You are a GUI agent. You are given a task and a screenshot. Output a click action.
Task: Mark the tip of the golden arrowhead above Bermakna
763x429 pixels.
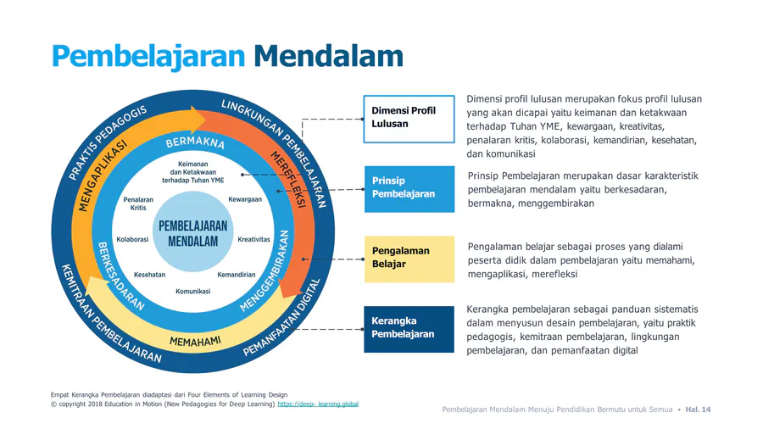click(208, 120)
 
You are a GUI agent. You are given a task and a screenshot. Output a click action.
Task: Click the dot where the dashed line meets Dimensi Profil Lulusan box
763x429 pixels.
click(363, 119)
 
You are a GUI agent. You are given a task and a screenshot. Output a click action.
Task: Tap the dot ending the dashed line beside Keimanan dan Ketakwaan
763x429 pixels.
click(242, 174)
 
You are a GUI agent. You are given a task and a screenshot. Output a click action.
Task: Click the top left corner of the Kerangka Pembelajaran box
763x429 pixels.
click(364, 306)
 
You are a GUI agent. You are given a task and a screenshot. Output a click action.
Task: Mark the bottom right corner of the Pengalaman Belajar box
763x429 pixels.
click(454, 282)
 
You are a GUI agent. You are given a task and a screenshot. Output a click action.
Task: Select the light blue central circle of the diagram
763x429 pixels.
click(193, 231)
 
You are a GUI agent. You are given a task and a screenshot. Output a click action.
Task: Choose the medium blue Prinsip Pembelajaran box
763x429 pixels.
click(409, 189)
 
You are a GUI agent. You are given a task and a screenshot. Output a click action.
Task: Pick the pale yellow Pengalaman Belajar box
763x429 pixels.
click(409, 259)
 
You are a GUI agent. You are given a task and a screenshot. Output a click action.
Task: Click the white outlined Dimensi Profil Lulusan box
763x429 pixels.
click(409, 120)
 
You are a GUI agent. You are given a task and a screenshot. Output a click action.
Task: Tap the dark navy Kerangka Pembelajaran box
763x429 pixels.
click(409, 329)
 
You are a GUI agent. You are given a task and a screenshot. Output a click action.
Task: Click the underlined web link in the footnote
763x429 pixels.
click(318, 404)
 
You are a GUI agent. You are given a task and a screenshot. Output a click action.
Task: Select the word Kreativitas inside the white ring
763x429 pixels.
click(253, 239)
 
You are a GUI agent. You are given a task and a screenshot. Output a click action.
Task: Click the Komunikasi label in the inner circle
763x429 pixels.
click(193, 292)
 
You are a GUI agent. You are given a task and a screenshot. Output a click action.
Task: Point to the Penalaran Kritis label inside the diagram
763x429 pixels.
click(138, 203)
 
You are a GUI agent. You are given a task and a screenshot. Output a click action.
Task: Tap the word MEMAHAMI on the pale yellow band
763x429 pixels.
click(195, 342)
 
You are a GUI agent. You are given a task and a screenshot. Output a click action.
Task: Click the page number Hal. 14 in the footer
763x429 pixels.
click(698, 409)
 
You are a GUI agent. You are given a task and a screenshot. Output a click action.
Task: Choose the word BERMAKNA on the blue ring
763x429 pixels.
click(195, 142)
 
